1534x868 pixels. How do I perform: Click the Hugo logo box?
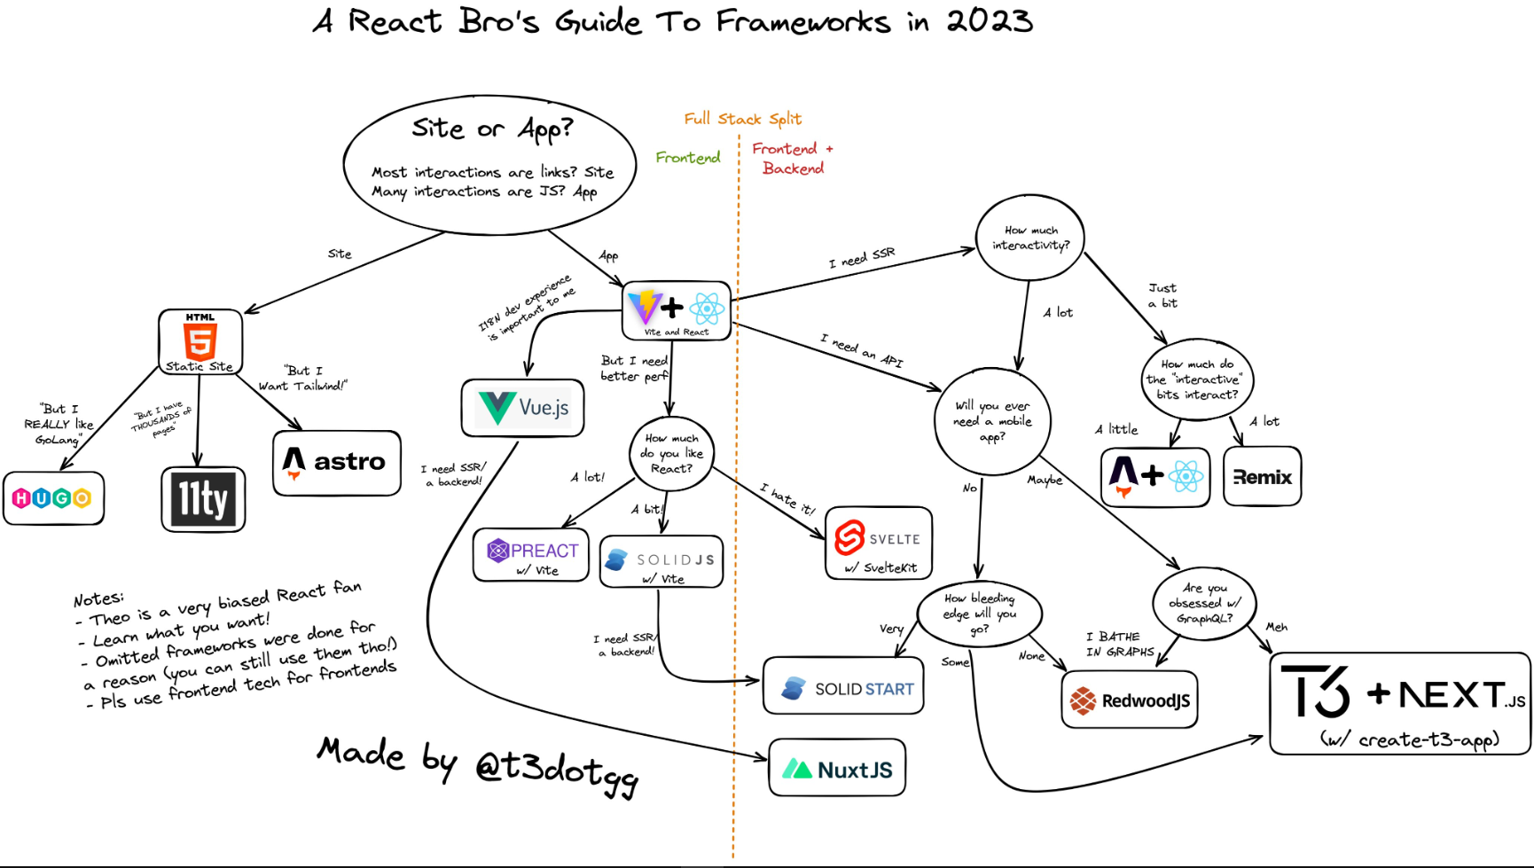[x=53, y=498]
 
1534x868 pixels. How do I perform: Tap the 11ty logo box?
[x=203, y=499]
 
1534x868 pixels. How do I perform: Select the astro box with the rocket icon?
[x=336, y=463]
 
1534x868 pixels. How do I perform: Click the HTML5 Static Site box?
[x=200, y=342]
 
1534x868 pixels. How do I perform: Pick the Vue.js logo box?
[x=522, y=408]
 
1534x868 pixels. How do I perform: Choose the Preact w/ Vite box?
[x=531, y=555]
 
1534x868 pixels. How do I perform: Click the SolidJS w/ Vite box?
[x=661, y=561]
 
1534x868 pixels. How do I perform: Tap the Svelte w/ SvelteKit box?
[x=878, y=543]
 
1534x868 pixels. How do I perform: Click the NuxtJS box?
[x=837, y=768]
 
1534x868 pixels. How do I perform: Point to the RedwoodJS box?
[x=1130, y=700]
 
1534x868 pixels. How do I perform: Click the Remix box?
[x=1262, y=477]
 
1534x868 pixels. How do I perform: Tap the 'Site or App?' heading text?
[x=492, y=129]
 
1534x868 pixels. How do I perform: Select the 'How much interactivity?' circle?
[x=1030, y=238]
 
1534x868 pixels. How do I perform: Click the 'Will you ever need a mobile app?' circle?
[x=992, y=421]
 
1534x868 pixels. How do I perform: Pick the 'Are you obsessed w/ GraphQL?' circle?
[x=1204, y=603]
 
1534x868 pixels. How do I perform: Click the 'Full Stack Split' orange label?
[x=742, y=119]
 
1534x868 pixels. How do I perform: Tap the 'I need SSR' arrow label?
[x=862, y=258]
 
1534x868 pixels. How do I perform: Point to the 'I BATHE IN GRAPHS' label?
[x=1119, y=644]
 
